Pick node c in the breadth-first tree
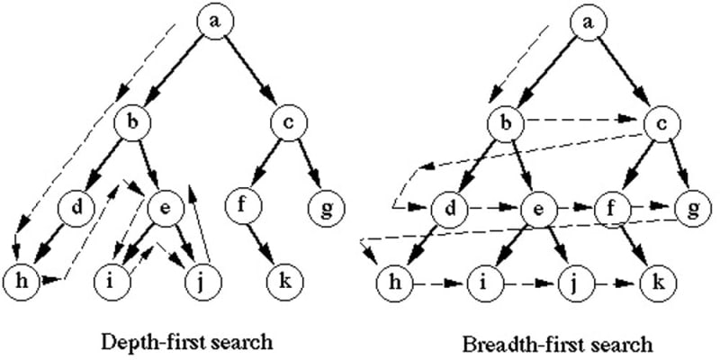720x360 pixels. pyautogui.click(x=661, y=124)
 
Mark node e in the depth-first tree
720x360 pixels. pyautogui.click(x=166, y=208)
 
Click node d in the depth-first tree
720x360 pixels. pyautogui.click(x=77, y=208)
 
